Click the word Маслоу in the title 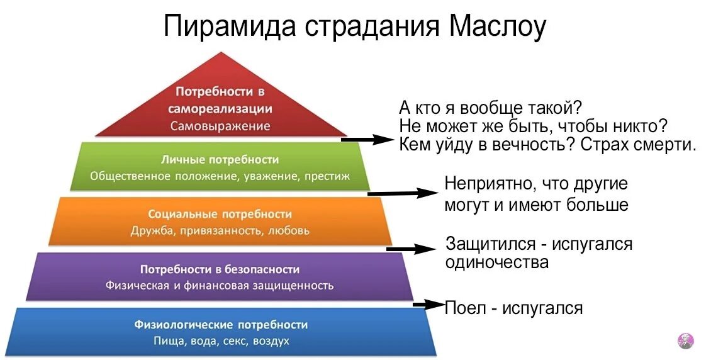coord(498,27)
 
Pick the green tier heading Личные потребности coord(220,160)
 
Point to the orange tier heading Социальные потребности coord(220,214)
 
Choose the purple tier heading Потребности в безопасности coord(220,269)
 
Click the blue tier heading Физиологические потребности coord(221,325)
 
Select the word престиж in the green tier coord(327,176)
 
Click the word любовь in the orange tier coord(289,230)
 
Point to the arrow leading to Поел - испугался coord(429,305)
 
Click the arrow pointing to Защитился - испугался coord(412,249)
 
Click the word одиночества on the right coord(496,262)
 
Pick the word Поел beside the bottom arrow coord(464,308)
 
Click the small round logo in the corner coord(685,340)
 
